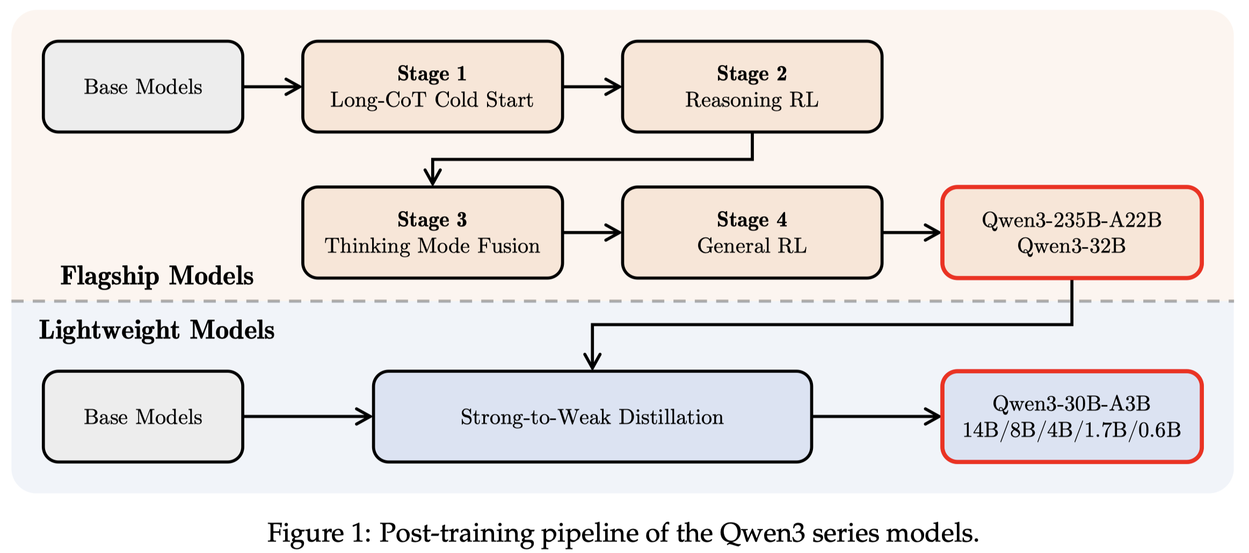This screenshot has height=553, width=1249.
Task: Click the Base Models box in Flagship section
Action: [x=143, y=86]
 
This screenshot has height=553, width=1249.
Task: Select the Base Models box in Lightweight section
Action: [x=143, y=416]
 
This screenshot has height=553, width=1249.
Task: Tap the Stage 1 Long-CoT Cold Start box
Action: [x=432, y=86]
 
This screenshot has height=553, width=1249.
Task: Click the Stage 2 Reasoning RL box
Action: [x=752, y=86]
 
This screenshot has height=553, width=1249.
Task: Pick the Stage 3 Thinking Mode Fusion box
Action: [x=432, y=232]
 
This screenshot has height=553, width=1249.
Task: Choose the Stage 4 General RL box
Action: [x=752, y=232]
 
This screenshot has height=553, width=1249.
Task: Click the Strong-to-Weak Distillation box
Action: [x=592, y=416]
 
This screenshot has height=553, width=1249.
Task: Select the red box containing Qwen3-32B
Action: [x=1072, y=232]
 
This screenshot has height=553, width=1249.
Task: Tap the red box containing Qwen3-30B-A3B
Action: [x=1072, y=416]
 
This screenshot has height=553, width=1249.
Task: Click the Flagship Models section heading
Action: [x=157, y=276]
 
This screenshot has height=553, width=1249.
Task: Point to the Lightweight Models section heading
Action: [x=157, y=330]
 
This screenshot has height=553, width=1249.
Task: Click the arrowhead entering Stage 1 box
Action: [x=293, y=86]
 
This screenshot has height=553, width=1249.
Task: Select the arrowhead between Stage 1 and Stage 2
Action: [x=613, y=86]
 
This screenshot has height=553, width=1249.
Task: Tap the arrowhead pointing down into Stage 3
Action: [x=432, y=177]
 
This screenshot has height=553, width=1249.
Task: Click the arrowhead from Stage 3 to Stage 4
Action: [x=613, y=232]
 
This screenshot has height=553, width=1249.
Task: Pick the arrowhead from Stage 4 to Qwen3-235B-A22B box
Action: [x=932, y=232]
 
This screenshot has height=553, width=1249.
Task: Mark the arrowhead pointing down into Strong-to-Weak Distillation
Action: [x=592, y=361]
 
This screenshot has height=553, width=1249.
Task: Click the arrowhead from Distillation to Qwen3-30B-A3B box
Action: [x=932, y=416]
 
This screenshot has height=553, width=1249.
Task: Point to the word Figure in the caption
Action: [x=306, y=533]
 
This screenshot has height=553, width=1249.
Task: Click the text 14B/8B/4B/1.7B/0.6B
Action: [x=1072, y=430]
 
